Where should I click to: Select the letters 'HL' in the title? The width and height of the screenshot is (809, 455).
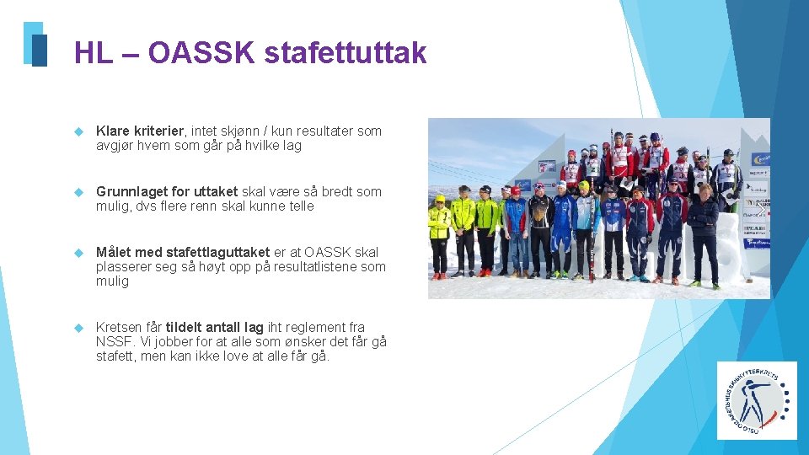pos(93,53)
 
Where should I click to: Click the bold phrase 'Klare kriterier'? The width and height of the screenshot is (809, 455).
pos(140,131)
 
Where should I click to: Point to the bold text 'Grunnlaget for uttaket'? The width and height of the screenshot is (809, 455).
pos(167,191)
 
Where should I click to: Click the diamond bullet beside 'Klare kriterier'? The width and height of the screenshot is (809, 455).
pos(80,131)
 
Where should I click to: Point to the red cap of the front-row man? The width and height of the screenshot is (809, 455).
pos(515,190)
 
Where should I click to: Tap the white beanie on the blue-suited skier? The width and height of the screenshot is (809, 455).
pos(561,184)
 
